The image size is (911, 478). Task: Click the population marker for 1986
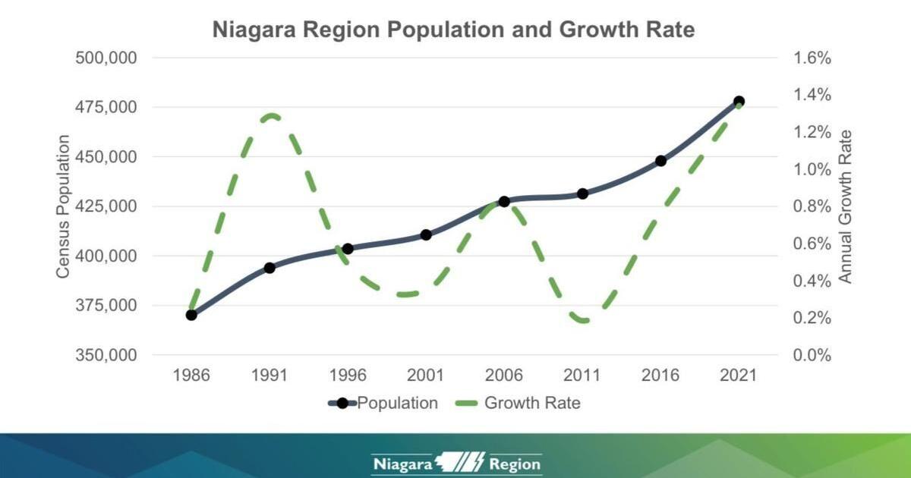tap(191, 315)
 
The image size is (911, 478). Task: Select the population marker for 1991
tap(270, 268)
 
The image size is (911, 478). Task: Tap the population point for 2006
tap(504, 202)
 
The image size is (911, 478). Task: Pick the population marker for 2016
tap(660, 161)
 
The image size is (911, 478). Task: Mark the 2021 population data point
tap(739, 102)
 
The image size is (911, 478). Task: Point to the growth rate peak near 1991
tap(271, 116)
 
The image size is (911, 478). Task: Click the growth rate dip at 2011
tap(583, 319)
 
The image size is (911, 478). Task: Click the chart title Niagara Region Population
tap(453, 30)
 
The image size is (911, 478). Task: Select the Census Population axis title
tap(64, 206)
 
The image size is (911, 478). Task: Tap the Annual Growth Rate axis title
tap(846, 206)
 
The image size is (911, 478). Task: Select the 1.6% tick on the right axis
tap(813, 58)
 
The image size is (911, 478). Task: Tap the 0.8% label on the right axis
tap(813, 206)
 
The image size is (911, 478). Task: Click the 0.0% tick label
tap(813, 355)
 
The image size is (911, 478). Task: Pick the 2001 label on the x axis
tap(426, 376)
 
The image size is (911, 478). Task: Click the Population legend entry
tap(383, 403)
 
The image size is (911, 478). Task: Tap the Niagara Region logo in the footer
tap(456, 464)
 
